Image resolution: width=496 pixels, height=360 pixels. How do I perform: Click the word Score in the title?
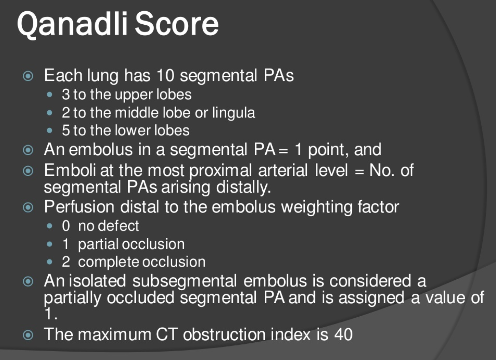point(177,24)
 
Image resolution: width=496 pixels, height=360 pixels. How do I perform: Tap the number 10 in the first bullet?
point(166,75)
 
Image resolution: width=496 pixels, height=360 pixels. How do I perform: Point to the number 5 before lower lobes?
point(66,130)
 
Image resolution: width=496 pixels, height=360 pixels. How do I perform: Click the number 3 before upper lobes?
point(66,94)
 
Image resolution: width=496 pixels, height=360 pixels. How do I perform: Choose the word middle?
point(137,112)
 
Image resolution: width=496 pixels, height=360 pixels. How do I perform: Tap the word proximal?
point(221,171)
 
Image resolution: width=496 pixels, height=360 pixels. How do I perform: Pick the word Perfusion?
point(79,207)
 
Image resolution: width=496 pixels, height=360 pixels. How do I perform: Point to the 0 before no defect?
point(66,226)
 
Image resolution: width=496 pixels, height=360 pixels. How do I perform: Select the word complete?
point(108,263)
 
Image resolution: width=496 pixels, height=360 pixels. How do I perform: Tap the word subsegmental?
point(185,281)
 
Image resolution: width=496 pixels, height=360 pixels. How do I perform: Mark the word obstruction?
point(224,334)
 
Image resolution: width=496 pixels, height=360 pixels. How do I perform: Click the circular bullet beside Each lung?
point(28,76)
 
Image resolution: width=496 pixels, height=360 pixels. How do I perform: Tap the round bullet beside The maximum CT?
point(28,335)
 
